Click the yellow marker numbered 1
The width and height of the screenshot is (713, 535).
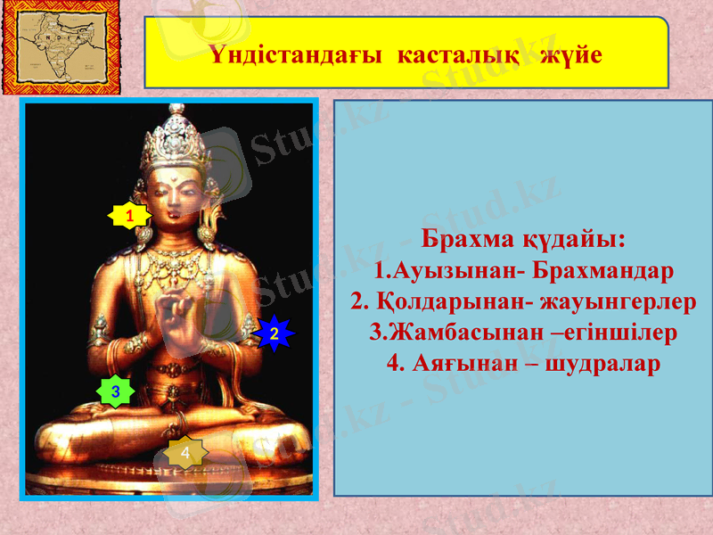pyautogui.click(x=128, y=215)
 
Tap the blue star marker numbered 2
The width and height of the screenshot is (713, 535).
pyautogui.click(x=275, y=333)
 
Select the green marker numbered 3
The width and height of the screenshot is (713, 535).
pyautogui.click(x=115, y=391)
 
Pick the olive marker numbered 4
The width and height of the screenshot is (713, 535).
pyautogui.click(x=184, y=454)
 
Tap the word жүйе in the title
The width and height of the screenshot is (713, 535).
pyautogui.click(x=570, y=54)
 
